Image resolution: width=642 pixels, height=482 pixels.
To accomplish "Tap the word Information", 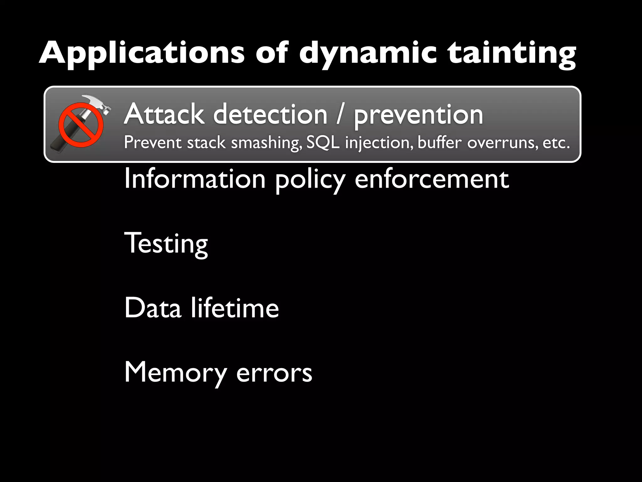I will pos(195,179).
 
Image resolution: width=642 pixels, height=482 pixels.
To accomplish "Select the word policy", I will pos(310,180).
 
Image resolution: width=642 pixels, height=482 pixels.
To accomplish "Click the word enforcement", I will pos(432,179).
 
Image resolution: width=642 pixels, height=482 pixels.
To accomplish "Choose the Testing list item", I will pos(166,244).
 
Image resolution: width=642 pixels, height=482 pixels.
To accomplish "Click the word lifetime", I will pos(235,308).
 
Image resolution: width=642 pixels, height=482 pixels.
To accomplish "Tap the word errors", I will pos(274,373).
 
